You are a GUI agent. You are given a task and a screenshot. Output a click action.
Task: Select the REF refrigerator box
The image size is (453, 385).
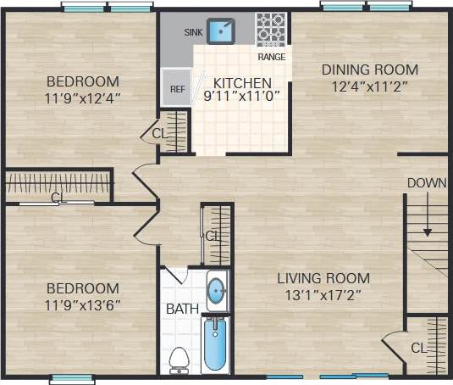click(177, 87)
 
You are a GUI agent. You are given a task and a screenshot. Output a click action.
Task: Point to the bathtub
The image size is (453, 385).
click(216, 343)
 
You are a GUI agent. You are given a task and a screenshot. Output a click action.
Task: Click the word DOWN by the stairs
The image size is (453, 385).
click(427, 183)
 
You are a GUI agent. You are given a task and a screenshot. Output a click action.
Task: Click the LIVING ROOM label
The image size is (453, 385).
click(324, 278)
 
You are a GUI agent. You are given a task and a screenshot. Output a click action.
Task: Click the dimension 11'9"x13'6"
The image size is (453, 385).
click(82, 304)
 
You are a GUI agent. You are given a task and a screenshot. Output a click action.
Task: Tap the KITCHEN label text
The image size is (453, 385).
click(242, 83)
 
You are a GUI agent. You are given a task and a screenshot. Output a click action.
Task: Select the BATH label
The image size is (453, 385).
click(181, 308)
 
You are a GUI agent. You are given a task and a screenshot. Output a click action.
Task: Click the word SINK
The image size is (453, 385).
click(195, 33)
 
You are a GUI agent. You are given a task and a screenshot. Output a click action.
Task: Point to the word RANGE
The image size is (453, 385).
click(272, 58)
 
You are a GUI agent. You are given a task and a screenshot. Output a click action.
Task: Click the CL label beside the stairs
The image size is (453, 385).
click(418, 348)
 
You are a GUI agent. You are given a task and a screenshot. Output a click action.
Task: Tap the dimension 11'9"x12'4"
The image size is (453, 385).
click(82, 97)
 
